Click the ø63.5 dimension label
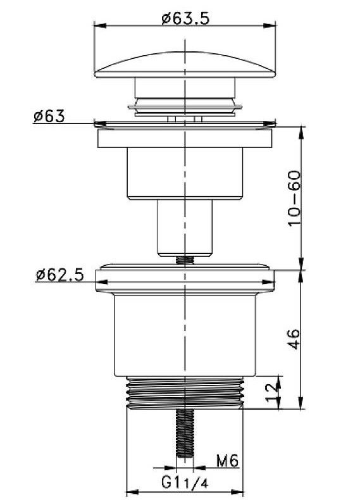point(185,18)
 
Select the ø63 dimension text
point(49,116)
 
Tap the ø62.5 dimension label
point(60,275)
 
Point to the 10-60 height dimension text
point(294,198)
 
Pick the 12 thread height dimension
point(272,392)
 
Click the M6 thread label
point(227,461)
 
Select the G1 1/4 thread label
point(185,482)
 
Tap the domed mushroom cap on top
point(185,65)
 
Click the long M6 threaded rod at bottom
point(185,434)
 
